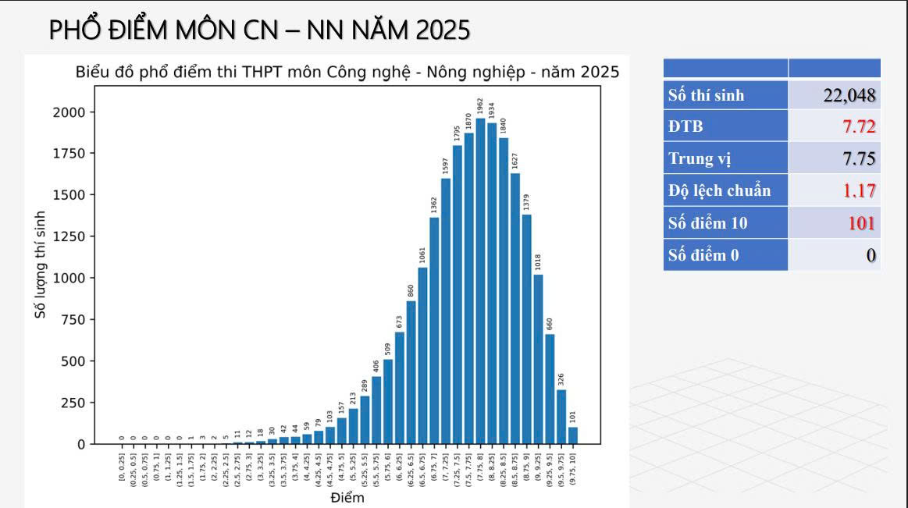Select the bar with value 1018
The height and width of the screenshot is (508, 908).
(x=538, y=359)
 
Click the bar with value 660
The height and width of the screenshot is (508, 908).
(x=550, y=389)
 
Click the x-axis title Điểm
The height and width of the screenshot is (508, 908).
(x=347, y=497)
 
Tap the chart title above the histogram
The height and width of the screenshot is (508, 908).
(x=347, y=72)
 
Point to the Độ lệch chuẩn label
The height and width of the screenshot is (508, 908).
(x=719, y=190)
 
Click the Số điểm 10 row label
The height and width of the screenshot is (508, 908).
(x=707, y=223)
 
